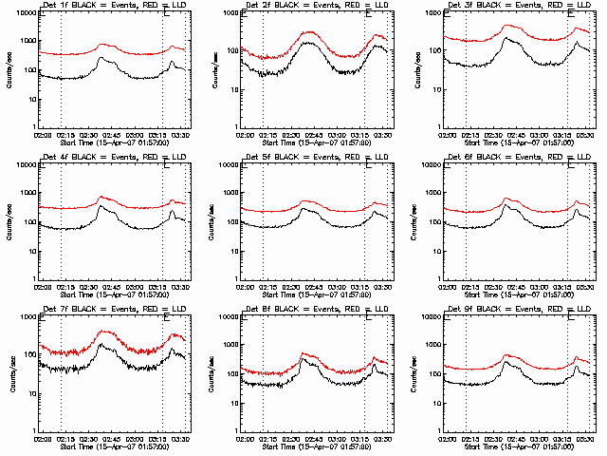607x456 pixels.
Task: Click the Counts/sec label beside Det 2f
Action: tap(211, 69)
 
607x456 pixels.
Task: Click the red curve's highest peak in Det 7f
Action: tap(105, 332)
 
